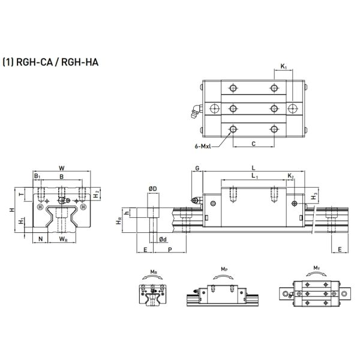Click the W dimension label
62,168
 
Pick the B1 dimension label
37,177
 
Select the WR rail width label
63,239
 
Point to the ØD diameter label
152,189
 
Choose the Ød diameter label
163,239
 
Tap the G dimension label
196,169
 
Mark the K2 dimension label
290,176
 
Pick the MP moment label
224,269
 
